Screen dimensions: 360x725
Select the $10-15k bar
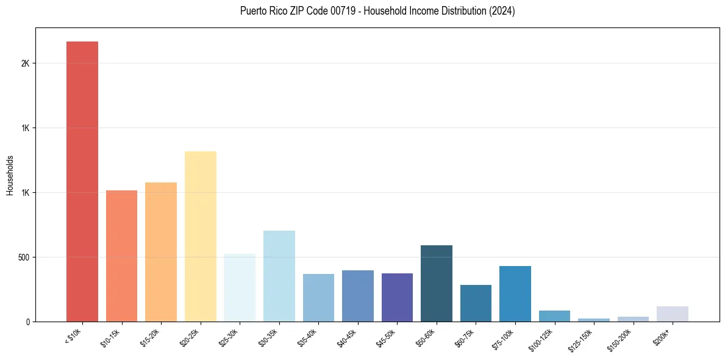click(121, 256)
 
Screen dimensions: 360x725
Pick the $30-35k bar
click(279, 276)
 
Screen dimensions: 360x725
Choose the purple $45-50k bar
click(397, 297)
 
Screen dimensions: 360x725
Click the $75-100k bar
click(515, 293)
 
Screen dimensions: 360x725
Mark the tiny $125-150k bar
click(593, 320)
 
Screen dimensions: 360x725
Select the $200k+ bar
click(672, 314)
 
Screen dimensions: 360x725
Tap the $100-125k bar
click(554, 316)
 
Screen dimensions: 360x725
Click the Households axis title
click(10, 175)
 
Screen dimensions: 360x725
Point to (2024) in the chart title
click(502, 11)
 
